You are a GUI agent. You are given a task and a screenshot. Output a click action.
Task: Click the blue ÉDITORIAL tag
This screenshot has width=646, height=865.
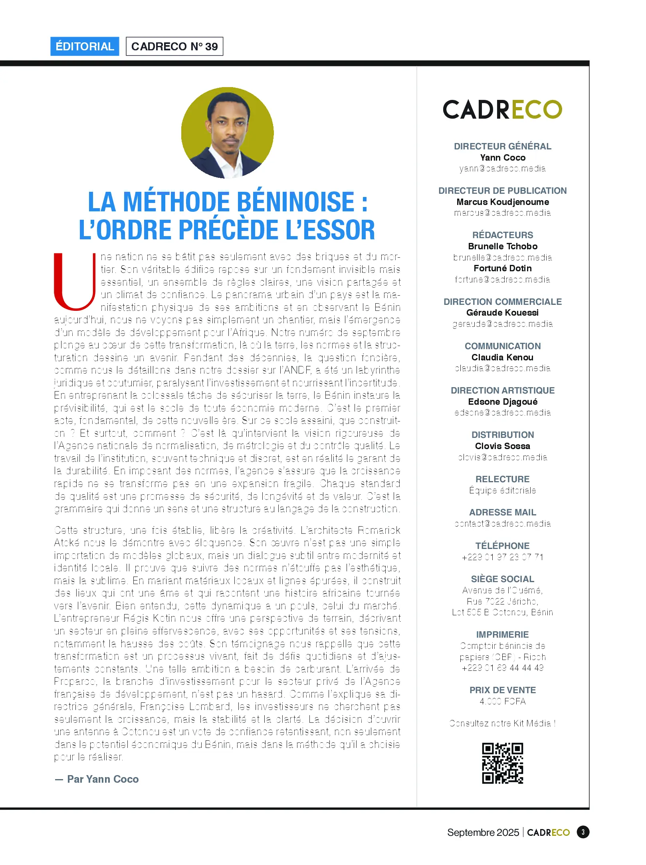[85, 46]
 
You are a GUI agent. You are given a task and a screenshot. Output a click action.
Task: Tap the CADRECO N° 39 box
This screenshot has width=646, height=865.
[174, 46]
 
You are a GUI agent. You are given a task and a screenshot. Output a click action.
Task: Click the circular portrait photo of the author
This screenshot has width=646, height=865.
[227, 133]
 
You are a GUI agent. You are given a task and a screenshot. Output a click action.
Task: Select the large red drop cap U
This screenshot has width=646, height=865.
[75, 282]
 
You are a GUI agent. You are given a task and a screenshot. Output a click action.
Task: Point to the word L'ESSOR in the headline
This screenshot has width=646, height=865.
[330, 230]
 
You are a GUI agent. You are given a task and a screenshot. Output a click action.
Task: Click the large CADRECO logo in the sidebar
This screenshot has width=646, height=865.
[502, 109]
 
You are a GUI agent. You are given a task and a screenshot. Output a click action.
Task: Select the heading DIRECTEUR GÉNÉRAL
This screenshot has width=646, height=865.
[502, 146]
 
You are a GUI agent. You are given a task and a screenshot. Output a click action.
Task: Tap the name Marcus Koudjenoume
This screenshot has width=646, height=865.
[502, 202]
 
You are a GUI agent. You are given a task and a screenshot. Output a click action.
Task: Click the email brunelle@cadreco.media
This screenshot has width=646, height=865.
[502, 257]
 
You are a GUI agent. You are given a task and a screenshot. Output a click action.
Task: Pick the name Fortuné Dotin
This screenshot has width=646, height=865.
[502, 268]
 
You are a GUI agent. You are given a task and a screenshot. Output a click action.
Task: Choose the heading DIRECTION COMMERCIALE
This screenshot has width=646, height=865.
[502, 302]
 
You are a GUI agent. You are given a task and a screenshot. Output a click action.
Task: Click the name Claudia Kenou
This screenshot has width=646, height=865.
[502, 357]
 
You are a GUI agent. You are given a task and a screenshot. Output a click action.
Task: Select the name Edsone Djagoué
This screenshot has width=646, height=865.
[502, 402]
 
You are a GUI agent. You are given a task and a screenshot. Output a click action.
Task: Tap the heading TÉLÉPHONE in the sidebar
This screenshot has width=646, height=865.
[502, 546]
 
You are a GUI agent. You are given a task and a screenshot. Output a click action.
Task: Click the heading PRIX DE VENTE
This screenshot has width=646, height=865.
[502, 690]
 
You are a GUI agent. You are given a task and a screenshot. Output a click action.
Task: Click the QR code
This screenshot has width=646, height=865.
[502, 763]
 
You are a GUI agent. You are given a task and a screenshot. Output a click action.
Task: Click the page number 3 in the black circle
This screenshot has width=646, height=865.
[583, 832]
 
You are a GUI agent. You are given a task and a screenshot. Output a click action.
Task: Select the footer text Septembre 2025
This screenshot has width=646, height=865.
[483, 833]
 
